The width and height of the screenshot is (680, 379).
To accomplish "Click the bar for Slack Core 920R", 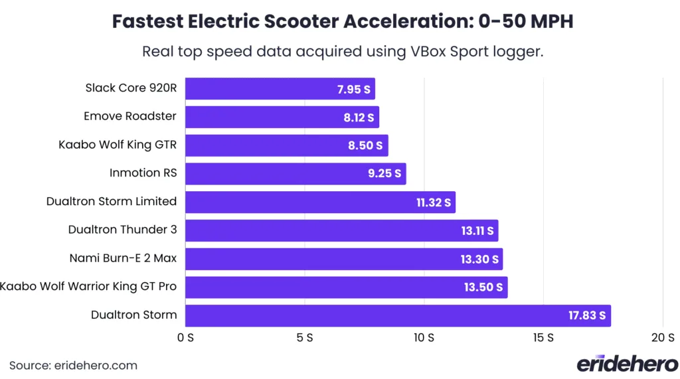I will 280,88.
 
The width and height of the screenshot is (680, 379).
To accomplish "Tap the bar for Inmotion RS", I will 295,174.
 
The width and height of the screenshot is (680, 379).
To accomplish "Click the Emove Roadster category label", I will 130,116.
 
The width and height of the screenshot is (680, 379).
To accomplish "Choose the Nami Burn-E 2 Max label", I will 123,258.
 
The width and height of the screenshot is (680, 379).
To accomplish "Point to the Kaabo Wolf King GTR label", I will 118,145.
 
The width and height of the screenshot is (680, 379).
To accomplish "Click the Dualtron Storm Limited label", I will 112,201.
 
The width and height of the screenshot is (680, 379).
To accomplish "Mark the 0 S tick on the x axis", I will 185,338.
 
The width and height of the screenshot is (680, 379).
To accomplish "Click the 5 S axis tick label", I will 304,338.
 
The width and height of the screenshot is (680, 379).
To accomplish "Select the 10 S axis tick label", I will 424,338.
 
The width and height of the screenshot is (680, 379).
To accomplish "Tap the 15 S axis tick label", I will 543,338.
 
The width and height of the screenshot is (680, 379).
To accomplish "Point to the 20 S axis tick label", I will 663,338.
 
